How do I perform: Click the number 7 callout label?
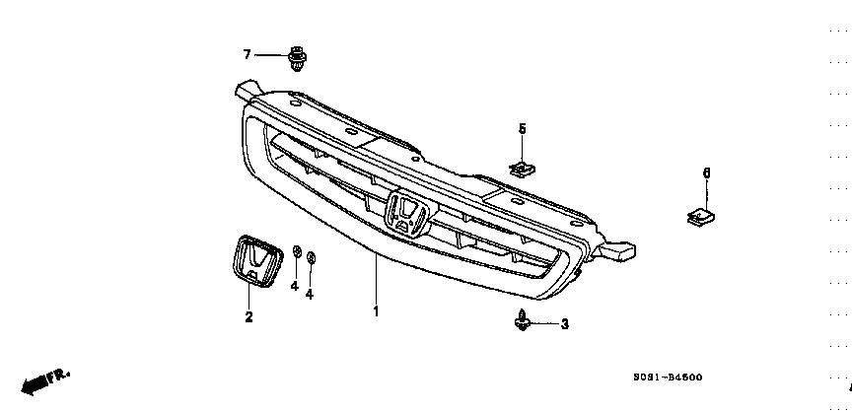248,53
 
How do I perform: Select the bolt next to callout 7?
296,58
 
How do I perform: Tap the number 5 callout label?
523,128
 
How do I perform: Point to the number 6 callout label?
706,173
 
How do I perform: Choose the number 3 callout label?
564,324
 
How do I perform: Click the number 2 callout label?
248,316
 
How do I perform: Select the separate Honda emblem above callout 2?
254,262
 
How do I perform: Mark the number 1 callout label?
375,311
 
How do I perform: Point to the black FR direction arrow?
35,381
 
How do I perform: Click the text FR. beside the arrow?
61,375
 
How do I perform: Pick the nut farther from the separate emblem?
311,259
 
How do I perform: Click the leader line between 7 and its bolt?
270,54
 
